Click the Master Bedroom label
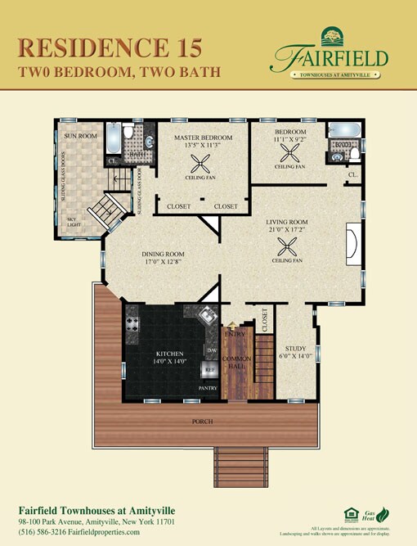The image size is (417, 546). [203, 138]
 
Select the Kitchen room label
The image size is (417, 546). [165, 354]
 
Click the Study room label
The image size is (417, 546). [294, 348]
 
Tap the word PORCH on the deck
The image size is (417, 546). [202, 422]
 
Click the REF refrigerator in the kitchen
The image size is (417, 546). [209, 370]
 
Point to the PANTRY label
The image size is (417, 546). [208, 387]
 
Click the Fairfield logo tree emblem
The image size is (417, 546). [332, 36]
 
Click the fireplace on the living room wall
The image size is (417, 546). [352, 244]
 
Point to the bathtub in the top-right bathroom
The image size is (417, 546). [340, 129]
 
